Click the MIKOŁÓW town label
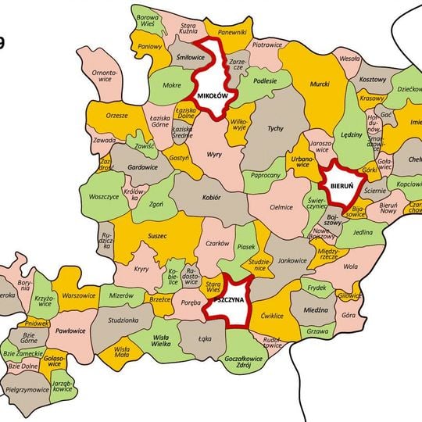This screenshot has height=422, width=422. click(x=212, y=95)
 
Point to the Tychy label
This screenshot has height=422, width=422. click(x=274, y=127)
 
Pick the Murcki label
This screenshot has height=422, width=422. click(x=320, y=83)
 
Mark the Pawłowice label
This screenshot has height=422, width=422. click(x=70, y=331)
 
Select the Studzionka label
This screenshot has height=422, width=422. click(x=124, y=320)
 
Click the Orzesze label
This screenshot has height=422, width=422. click(x=117, y=116)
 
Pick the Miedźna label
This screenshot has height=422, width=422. click(x=316, y=310)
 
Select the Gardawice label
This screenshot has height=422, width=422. click(x=143, y=167)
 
